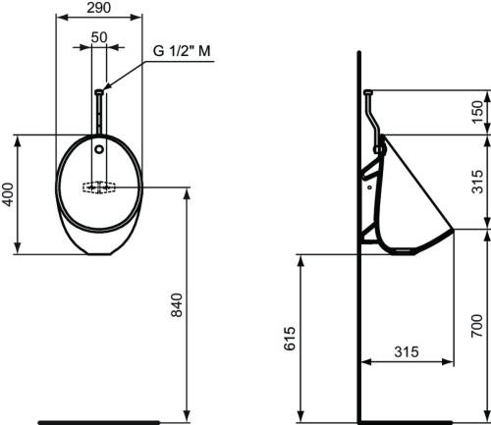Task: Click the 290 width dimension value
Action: pos(99,8)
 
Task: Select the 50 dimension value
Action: pos(99,37)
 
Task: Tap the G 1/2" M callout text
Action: pos(182,51)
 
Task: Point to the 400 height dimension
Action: pos(8,194)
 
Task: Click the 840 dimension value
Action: pos(177,305)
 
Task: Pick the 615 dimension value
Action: pos(290,339)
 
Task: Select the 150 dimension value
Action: pos(477,112)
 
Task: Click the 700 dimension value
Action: pos(477,326)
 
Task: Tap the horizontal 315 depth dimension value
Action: pos(407,352)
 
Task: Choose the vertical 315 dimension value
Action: pos(477,182)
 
